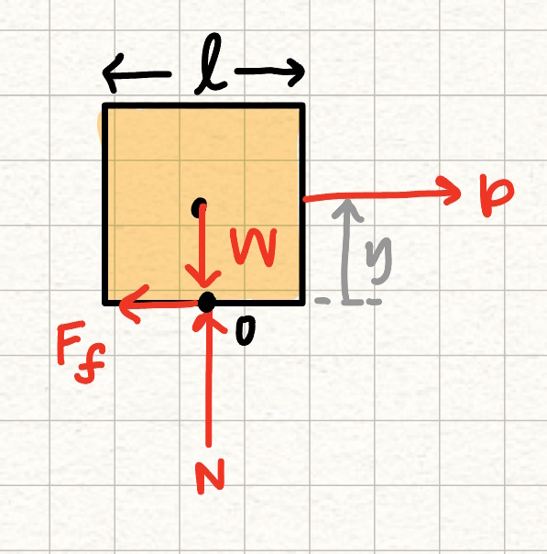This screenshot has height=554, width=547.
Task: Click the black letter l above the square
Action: coord(211,63)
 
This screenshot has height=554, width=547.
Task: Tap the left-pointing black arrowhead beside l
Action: coord(112,73)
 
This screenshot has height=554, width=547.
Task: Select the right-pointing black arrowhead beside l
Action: coord(296,72)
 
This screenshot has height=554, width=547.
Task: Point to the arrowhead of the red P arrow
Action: coord(451,191)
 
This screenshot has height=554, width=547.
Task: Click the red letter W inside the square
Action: coord(254,246)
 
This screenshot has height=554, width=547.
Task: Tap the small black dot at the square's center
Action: coord(199,207)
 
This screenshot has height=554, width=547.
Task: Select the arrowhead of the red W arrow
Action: coord(202,279)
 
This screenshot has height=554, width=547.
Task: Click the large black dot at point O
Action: coord(206,303)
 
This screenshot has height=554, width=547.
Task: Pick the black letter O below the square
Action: coord(245,330)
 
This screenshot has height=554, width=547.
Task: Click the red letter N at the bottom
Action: coord(211,476)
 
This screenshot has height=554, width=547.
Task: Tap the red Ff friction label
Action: coord(82,352)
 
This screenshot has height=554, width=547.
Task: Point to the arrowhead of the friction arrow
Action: coord(132,304)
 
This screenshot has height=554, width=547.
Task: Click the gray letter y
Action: coord(378,260)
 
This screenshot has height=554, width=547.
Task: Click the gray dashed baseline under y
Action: coord(348,302)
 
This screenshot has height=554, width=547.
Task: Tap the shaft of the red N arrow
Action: coord(209,382)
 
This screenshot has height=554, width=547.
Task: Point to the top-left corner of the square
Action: coord(104,105)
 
